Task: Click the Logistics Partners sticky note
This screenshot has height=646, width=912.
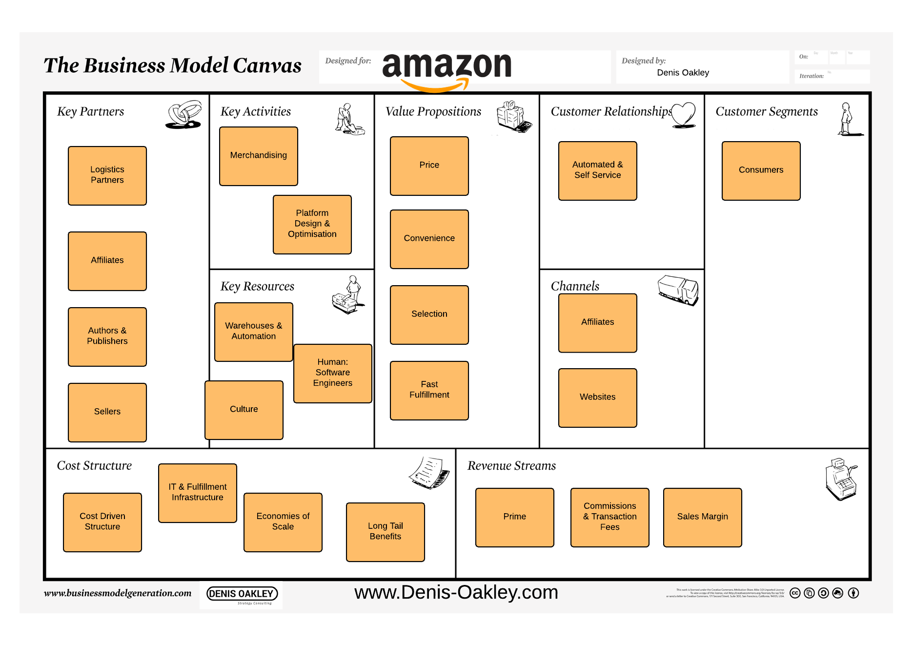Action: (107, 175)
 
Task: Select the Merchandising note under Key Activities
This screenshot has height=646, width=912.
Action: (259, 156)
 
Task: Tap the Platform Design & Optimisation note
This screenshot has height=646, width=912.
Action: (312, 224)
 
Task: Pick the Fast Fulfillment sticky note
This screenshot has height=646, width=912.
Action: (429, 390)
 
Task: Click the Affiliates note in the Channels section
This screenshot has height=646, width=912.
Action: (597, 323)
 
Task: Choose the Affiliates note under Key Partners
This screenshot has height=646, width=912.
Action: (107, 261)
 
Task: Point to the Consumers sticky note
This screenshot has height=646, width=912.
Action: (761, 170)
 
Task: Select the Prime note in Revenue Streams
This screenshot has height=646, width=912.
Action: (514, 517)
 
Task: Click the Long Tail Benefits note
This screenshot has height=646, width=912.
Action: (385, 532)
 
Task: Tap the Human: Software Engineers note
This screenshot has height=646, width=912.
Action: (333, 373)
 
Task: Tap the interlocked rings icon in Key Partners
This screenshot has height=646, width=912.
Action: (184, 115)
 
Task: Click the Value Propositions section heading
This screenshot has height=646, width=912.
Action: (433, 112)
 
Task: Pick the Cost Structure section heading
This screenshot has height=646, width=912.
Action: (94, 466)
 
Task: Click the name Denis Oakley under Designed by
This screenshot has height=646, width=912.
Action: (683, 73)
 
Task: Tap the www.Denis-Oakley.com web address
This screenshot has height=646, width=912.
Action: (456, 592)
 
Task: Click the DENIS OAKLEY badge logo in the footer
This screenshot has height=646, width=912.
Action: (242, 594)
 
